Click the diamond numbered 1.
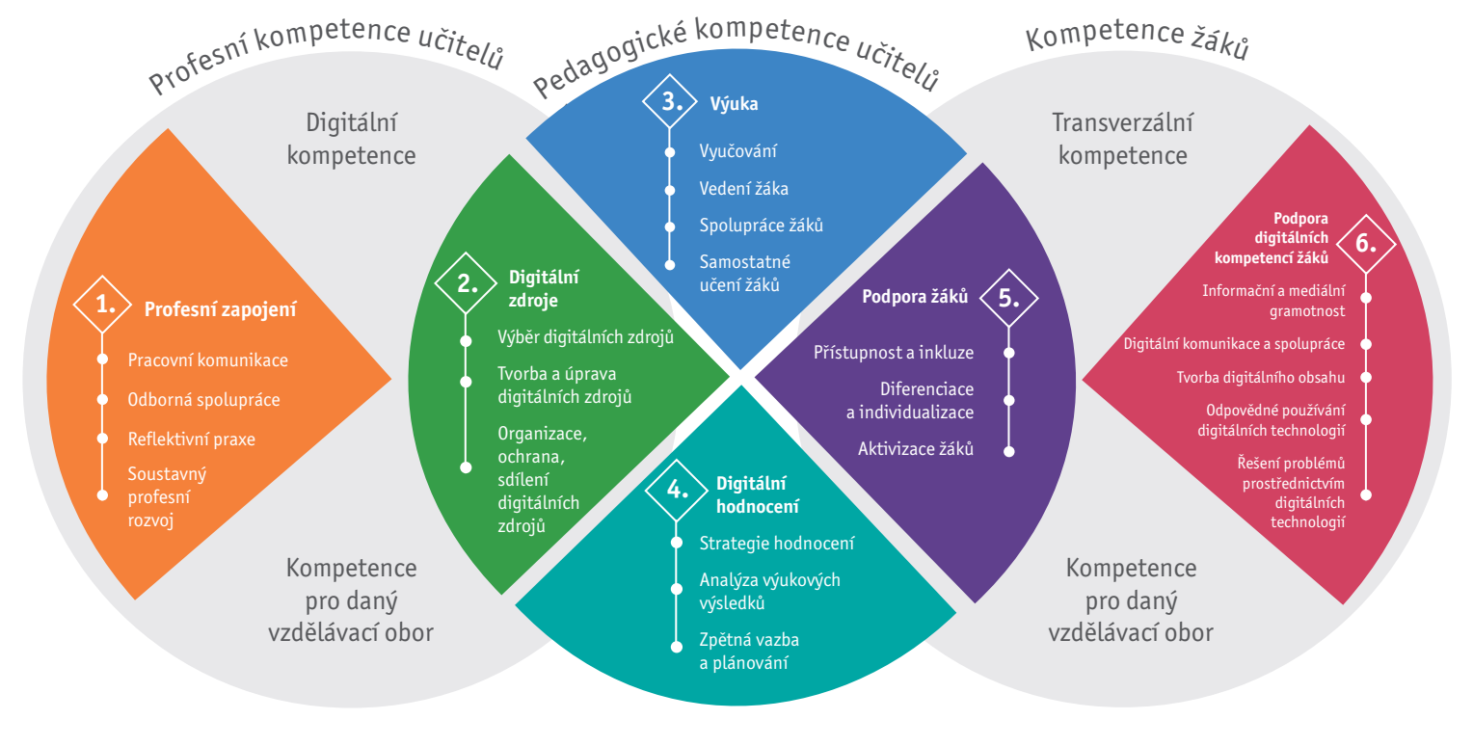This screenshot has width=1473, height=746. point(103,306)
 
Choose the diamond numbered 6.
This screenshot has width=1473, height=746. point(1366,242)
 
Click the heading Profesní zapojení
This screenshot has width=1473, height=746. point(220,309)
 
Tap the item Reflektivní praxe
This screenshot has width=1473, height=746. point(191,439)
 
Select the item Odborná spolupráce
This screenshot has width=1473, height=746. point(203,399)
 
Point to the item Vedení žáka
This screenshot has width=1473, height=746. point(743,188)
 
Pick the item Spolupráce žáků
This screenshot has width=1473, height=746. point(761,226)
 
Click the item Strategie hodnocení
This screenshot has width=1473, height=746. point(776,543)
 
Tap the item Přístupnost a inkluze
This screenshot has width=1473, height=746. point(894,352)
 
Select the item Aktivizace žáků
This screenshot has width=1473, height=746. point(916,448)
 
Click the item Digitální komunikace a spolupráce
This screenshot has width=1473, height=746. point(1234,343)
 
